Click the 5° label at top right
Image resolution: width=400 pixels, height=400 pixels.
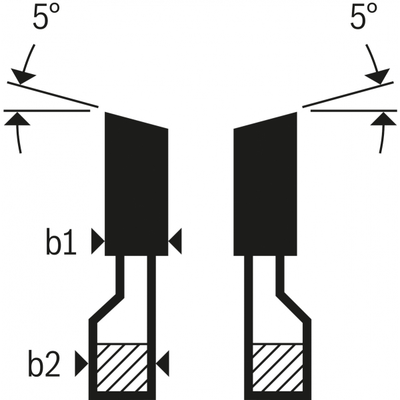click(364, 18)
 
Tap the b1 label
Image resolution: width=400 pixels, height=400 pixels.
click(61, 244)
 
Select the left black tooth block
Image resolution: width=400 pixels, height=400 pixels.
click(136, 187)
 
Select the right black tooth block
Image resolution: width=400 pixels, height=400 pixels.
click(265, 187)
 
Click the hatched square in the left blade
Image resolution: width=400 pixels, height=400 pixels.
click(123, 366)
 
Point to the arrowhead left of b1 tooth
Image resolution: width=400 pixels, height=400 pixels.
click(97, 241)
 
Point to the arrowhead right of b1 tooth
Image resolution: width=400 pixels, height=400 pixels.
click(175, 241)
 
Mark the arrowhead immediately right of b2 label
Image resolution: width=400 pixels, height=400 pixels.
click(82, 363)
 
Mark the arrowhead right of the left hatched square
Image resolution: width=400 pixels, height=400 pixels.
click(163, 363)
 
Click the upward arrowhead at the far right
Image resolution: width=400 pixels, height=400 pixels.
click(382, 119)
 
